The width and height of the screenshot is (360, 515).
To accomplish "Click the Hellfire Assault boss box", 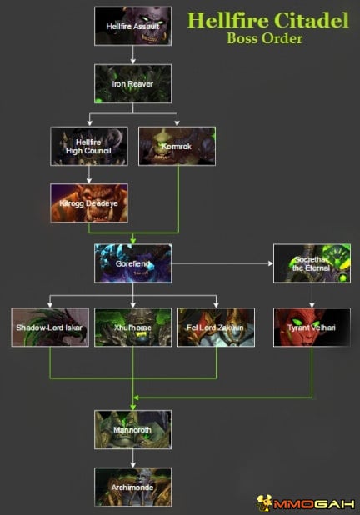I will [132, 26].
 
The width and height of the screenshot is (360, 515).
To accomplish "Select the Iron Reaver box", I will [132, 83].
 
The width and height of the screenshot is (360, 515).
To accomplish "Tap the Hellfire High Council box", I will [88, 146].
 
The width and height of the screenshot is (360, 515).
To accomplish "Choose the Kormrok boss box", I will [177, 146].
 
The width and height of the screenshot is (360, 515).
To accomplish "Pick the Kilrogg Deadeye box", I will [88, 202].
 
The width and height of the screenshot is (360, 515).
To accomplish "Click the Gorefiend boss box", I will [132, 262].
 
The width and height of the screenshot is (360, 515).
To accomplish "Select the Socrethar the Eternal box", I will [312, 262].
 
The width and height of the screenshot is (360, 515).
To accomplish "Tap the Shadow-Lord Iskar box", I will [49, 327].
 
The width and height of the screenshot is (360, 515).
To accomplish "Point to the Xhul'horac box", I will [132, 327].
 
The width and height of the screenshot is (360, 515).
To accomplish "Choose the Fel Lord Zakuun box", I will [216, 327].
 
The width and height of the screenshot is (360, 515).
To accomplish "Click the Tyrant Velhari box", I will [312, 327].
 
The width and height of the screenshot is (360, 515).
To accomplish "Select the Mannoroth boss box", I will [132, 429].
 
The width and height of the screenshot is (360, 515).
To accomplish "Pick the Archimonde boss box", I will [132, 487].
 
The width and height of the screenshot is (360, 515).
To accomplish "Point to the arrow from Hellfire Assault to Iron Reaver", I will [132, 55].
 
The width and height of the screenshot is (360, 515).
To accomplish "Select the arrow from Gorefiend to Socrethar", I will [222, 262].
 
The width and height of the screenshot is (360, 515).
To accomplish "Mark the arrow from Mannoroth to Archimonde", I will [132, 458].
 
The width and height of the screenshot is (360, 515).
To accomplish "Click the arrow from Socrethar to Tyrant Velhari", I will [312, 295].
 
